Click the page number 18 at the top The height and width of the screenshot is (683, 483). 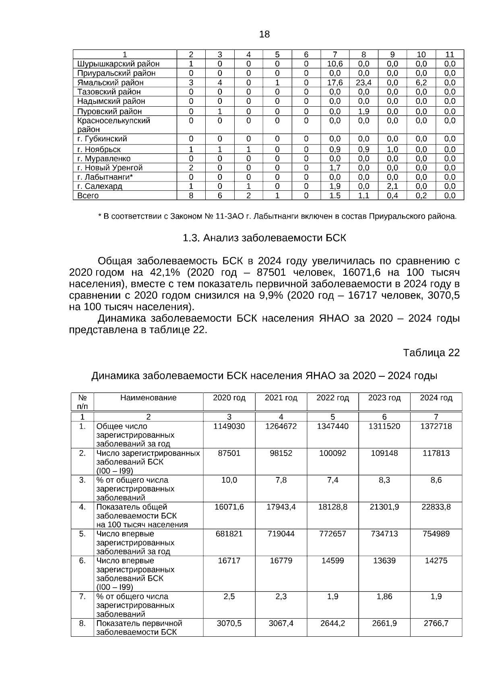pyautogui.click(x=264, y=35)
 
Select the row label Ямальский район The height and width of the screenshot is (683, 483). pyautogui.click(x=110, y=83)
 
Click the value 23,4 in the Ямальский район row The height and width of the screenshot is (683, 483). pyautogui.click(x=363, y=83)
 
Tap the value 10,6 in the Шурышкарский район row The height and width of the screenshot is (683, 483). pyautogui.click(x=335, y=64)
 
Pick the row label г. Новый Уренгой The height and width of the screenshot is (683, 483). pyautogui.click(x=110, y=168)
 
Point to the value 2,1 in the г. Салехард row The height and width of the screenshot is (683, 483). pyautogui.click(x=392, y=186)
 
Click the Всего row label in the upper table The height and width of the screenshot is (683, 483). pyautogui.click(x=88, y=196)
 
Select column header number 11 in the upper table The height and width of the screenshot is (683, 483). pyautogui.click(x=450, y=54)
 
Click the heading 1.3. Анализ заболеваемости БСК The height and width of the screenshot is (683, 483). pyautogui.click(x=264, y=238)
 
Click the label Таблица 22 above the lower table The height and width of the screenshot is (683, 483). pyautogui.click(x=431, y=353)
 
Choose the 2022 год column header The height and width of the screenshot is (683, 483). pyautogui.click(x=332, y=398)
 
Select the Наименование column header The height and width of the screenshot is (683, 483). pyautogui.click(x=148, y=398)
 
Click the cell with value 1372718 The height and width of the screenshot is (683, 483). pyautogui.click(x=436, y=426)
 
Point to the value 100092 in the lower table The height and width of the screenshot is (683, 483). pyautogui.click(x=332, y=453)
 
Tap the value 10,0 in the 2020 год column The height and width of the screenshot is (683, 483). pyautogui.click(x=229, y=480)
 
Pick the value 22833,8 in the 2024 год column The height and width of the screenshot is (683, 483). pyautogui.click(x=436, y=507)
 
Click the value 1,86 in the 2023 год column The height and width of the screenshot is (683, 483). pyautogui.click(x=384, y=597)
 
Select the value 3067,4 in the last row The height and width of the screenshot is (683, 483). pyautogui.click(x=281, y=623)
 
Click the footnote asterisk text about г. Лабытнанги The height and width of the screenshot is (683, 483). pyautogui.click(x=277, y=217)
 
